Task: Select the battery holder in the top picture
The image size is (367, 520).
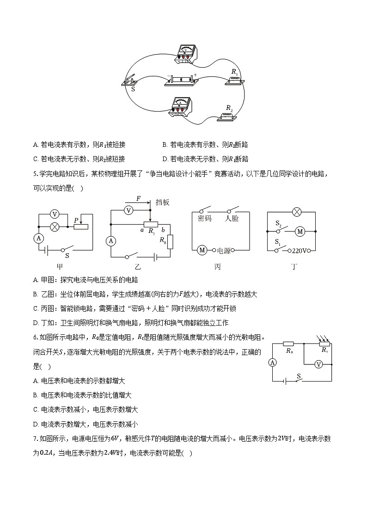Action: tap(182, 80)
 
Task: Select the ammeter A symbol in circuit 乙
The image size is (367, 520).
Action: tap(110, 241)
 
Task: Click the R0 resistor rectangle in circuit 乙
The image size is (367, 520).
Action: tap(171, 241)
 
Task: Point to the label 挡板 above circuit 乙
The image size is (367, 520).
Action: tap(163, 202)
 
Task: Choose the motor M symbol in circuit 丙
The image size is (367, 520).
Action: tap(202, 250)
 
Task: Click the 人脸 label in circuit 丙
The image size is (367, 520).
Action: tap(232, 218)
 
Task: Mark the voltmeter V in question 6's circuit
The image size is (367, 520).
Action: tap(318, 365)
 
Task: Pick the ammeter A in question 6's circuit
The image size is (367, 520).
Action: tap(273, 363)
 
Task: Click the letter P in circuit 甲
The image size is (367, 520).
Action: tap(75, 221)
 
